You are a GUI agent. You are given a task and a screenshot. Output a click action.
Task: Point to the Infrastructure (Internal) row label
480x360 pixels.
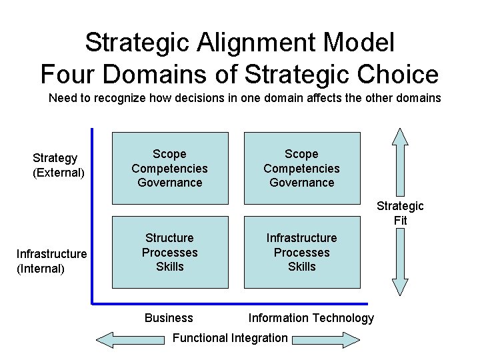[x=51, y=261]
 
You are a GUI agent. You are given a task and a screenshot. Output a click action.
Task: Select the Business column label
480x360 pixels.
[x=169, y=318]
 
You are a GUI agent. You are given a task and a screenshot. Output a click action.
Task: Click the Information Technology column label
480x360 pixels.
[x=311, y=318]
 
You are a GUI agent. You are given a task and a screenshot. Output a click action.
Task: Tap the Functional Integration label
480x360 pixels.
[x=230, y=338]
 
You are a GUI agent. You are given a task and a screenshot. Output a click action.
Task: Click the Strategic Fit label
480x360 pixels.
[x=400, y=213]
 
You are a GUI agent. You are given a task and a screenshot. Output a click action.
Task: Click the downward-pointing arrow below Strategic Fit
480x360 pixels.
[x=400, y=263]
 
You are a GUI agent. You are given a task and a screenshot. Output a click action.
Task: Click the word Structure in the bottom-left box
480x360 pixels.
[x=169, y=238]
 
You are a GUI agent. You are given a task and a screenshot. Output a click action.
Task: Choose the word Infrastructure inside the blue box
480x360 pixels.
[x=301, y=238]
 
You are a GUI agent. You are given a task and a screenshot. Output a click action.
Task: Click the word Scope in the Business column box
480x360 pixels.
[x=169, y=154]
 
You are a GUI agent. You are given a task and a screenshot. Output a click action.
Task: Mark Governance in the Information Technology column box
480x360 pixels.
[x=301, y=183]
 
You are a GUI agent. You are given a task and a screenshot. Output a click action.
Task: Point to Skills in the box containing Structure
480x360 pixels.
[x=169, y=267]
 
